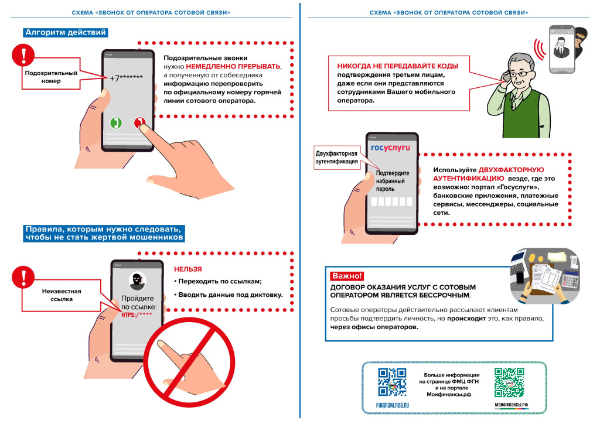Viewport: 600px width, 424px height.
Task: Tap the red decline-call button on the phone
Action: click(139, 122)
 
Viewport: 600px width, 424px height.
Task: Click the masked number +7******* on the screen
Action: click(126, 78)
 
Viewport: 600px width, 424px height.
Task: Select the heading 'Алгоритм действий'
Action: click(65, 33)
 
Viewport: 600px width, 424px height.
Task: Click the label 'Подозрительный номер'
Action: click(51, 77)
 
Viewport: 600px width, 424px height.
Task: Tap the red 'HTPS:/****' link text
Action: click(137, 315)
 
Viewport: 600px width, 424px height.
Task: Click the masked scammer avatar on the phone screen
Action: click(137, 280)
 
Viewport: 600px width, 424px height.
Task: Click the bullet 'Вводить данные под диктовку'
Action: click(228, 295)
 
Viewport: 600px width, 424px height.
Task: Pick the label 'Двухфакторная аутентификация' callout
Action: click(337, 158)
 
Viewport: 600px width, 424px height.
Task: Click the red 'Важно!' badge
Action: click(347, 275)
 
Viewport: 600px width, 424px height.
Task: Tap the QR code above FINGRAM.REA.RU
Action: click(392, 382)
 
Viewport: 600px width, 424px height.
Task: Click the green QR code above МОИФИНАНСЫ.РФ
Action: click(508, 382)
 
